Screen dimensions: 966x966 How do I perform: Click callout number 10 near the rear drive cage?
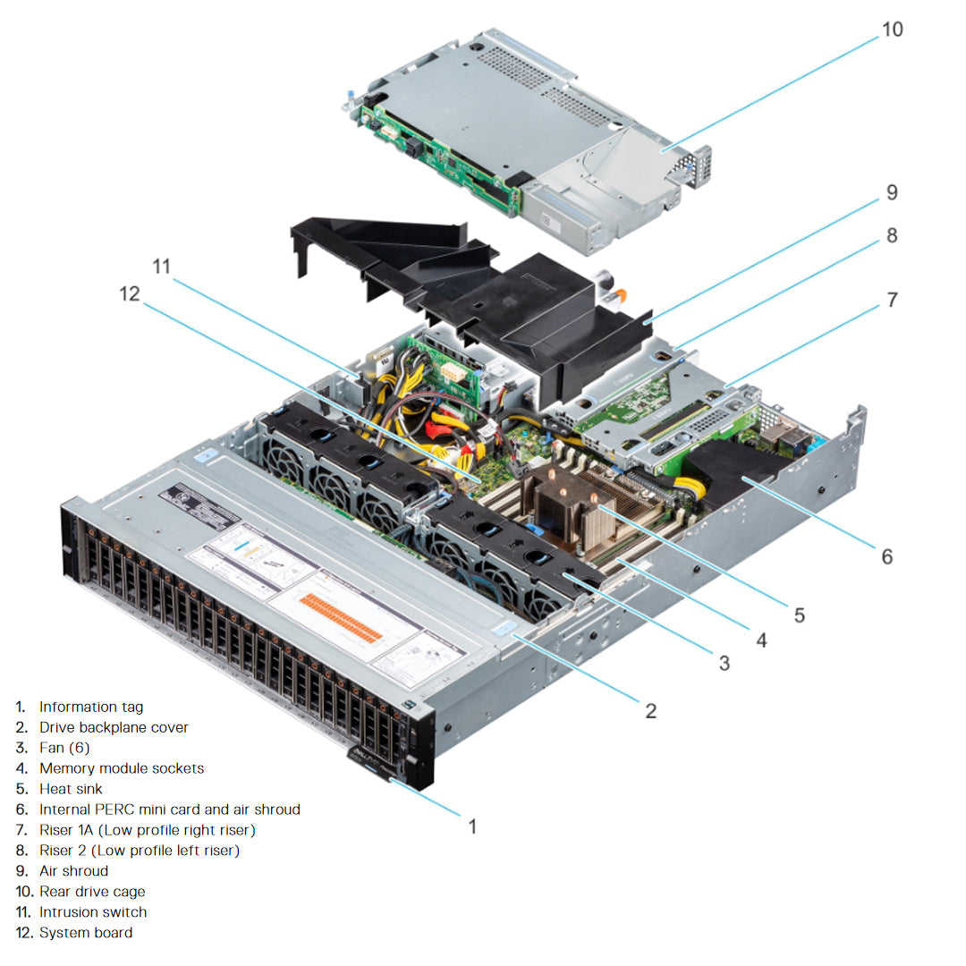point(892,30)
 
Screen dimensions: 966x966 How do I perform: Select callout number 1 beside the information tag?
point(473,826)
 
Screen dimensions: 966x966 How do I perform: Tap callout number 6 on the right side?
point(886,556)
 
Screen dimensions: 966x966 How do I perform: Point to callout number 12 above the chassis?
point(131,293)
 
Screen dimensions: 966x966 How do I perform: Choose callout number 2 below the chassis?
point(651,711)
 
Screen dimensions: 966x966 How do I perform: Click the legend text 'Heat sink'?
point(71,789)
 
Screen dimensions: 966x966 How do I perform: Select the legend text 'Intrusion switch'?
point(93,912)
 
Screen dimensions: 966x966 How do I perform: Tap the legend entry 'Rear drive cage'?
point(92,892)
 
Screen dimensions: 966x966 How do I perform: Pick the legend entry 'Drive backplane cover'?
point(114,727)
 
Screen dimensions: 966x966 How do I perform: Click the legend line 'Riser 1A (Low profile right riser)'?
point(148,830)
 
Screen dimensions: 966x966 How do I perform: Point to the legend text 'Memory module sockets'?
point(122,768)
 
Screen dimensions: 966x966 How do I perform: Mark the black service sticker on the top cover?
point(199,506)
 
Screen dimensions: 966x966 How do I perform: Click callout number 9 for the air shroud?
point(892,192)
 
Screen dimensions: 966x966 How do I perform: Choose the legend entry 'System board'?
point(86,933)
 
